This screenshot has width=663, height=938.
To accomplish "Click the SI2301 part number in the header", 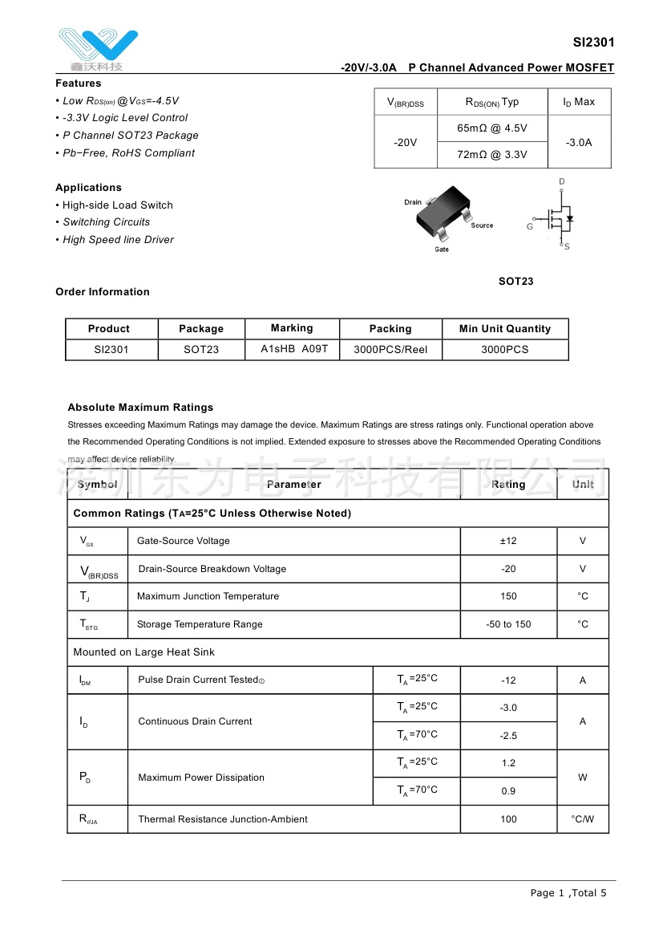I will click(593, 43).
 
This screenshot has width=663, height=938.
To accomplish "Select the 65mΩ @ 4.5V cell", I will click(492, 128).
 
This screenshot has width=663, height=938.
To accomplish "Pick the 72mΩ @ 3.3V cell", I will click(492, 155).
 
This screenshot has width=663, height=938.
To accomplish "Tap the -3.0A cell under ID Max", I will click(579, 142).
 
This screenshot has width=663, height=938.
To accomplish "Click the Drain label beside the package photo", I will click(413, 202).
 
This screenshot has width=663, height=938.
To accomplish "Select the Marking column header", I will click(292, 328).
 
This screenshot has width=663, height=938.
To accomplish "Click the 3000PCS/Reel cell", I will click(390, 350).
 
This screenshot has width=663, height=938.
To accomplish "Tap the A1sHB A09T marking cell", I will click(292, 349).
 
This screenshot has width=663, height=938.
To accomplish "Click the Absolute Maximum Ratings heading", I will click(140, 408).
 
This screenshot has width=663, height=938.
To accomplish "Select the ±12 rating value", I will click(508, 542).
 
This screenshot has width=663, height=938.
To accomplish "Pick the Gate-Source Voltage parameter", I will click(184, 542).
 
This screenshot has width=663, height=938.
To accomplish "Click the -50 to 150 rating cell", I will click(508, 624).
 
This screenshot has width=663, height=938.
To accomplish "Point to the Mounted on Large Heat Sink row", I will click(144, 652).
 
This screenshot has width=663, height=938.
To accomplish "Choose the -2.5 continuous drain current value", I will click(508, 736).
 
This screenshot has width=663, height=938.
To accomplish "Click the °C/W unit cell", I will click(583, 819).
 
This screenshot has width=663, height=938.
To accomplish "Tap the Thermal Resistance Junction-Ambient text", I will click(223, 819).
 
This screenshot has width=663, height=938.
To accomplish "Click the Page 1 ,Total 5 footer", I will click(568, 893).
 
